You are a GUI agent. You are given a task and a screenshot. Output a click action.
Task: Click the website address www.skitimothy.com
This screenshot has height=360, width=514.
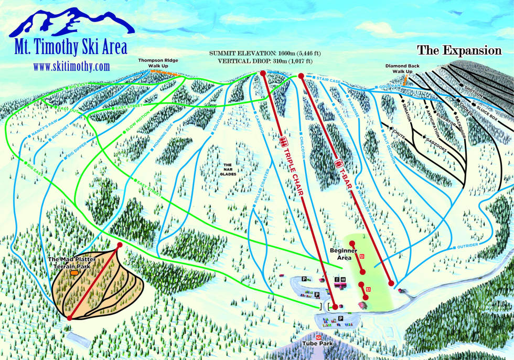tap(71, 67)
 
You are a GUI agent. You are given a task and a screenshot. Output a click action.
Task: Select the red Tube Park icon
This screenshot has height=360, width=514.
tap(318, 336)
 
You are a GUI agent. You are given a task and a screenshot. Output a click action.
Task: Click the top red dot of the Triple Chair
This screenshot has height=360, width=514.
tap(263, 74)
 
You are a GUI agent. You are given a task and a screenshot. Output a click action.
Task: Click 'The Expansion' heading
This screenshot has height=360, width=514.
tap(459, 51)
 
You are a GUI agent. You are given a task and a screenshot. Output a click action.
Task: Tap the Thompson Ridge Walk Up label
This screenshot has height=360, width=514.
tap(158, 63)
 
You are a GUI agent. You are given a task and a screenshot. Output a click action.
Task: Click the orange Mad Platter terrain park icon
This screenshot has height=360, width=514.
tap(74, 273)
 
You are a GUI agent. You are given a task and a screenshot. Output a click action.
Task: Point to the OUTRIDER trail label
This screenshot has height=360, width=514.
tap(467, 246)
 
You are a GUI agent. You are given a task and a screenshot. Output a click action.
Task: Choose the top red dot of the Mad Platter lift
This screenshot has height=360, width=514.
tap(120, 245)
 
